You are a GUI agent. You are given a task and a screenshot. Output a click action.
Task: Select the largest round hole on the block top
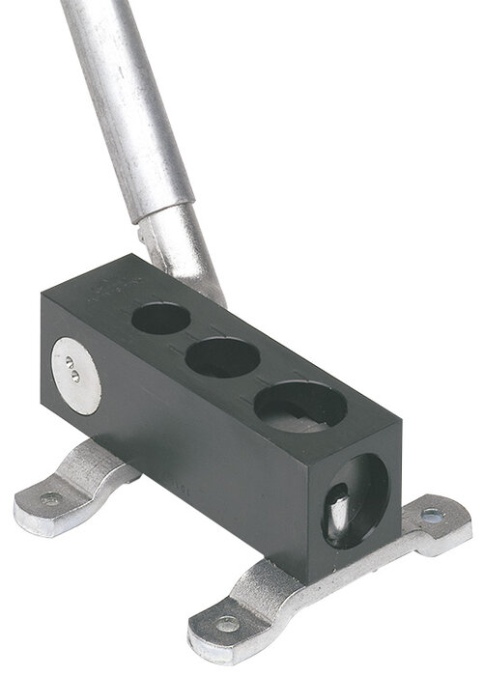pyautogui.click(x=300, y=406)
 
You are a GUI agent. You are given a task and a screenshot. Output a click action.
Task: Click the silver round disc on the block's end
pyautogui.click(x=76, y=375)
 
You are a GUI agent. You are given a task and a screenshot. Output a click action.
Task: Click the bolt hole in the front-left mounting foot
pyautogui.click(x=225, y=626)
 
